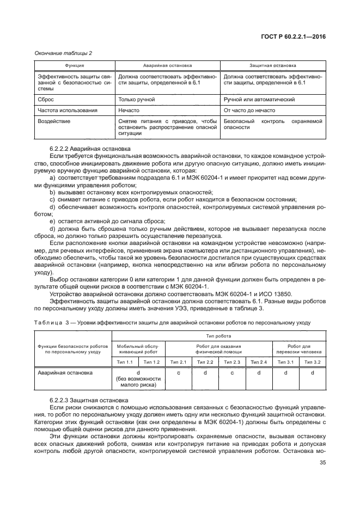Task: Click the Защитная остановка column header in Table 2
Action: click(273, 65)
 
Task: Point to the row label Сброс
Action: click(46, 100)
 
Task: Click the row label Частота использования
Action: click(68, 111)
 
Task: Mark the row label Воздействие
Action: click(54, 121)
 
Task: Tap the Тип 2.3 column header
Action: click(232, 362)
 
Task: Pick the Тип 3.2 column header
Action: click(312, 362)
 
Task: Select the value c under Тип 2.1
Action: click(179, 373)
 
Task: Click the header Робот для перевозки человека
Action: click(298, 349)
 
